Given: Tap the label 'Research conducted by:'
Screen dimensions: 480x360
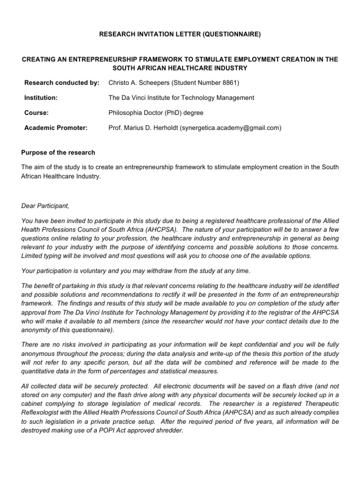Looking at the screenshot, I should (x=62, y=83).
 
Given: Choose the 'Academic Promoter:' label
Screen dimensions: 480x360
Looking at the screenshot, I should (x=56, y=128).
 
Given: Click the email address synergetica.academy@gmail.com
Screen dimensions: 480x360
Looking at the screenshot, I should (x=230, y=128).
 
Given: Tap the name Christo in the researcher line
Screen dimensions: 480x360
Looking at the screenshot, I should (x=120, y=83).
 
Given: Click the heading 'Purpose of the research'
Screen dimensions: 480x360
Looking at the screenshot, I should (x=59, y=153).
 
